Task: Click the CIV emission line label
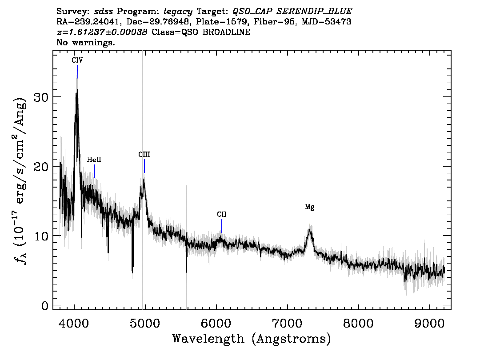click(x=77, y=60)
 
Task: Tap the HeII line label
click(x=94, y=160)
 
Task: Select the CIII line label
click(x=144, y=155)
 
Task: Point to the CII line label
click(x=221, y=214)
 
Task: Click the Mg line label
click(x=309, y=207)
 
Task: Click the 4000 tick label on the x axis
click(x=74, y=323)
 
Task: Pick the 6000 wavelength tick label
click(x=216, y=323)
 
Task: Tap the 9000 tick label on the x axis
click(x=429, y=323)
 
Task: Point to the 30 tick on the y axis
click(x=41, y=97)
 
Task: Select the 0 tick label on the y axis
click(x=45, y=305)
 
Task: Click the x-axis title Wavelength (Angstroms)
click(x=252, y=339)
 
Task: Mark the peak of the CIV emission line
click(x=77, y=90)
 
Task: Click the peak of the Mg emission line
click(x=309, y=229)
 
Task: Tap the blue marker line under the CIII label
click(x=144, y=166)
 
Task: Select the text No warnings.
click(x=85, y=42)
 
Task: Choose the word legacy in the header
click(x=178, y=12)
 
